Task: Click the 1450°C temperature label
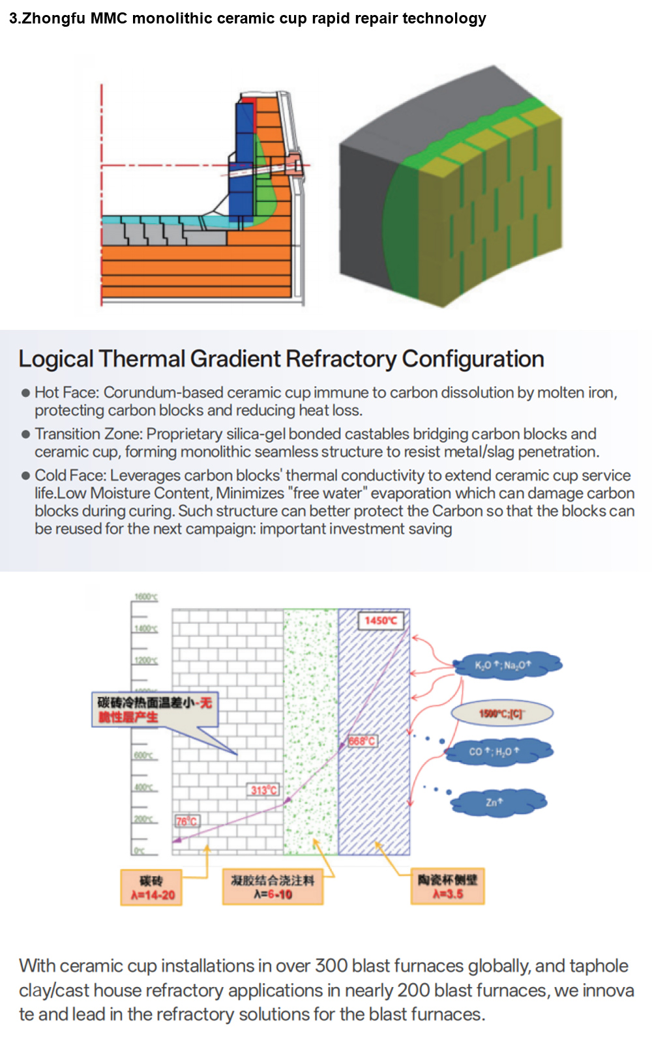click(x=381, y=621)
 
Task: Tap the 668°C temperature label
click(x=362, y=741)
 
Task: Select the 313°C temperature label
click(x=264, y=790)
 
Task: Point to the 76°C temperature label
click(x=186, y=821)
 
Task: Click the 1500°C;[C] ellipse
click(x=501, y=713)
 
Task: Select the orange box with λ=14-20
click(x=151, y=888)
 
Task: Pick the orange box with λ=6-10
click(x=273, y=887)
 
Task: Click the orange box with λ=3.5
click(x=447, y=887)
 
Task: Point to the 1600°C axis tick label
click(x=145, y=597)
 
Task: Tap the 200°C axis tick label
click(x=143, y=819)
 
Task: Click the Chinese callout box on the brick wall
click(x=155, y=709)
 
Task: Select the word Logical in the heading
click(x=56, y=359)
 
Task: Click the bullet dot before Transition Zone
click(x=25, y=434)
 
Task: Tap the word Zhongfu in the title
click(x=54, y=18)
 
